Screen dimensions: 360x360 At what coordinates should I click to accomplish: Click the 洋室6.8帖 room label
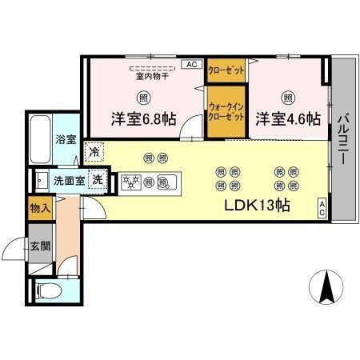(143, 120)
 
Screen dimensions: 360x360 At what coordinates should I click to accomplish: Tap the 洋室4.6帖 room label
(288, 120)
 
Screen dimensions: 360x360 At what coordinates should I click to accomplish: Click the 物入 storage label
(39, 209)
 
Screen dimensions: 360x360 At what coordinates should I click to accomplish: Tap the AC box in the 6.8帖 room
(192, 64)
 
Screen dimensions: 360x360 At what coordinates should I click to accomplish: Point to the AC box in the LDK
(322, 206)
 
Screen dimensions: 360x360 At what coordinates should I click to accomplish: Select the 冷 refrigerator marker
(95, 150)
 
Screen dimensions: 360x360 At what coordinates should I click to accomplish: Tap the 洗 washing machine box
(98, 180)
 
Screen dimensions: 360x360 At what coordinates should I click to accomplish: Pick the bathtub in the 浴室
(41, 137)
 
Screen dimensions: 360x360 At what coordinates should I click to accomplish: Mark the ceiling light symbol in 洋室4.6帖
(288, 98)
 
